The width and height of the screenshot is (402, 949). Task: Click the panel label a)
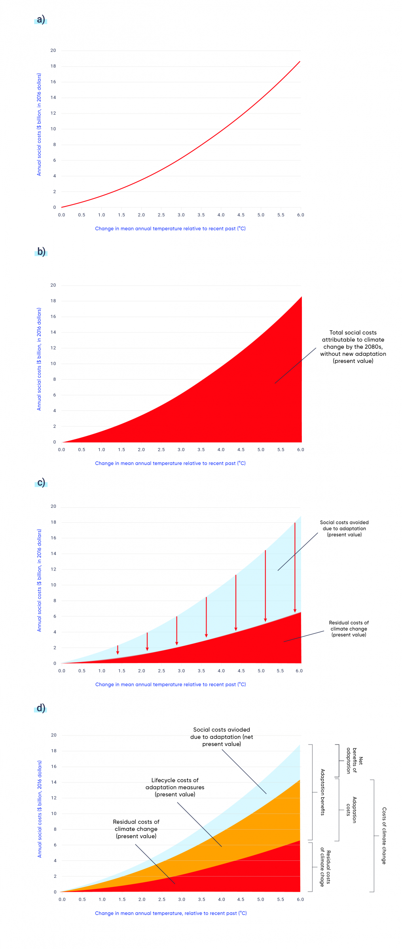41,19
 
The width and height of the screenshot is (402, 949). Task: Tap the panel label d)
41,707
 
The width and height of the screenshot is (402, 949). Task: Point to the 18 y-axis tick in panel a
53,66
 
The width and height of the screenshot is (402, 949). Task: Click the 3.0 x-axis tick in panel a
181,215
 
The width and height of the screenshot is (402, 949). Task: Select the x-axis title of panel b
170,463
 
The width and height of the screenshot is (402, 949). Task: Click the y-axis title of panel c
39,580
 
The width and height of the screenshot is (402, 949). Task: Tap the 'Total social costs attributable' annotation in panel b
353,347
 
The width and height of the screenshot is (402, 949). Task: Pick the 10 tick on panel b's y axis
53,363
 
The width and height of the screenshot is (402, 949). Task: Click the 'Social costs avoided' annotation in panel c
344,528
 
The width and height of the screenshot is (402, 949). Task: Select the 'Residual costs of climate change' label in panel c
349,629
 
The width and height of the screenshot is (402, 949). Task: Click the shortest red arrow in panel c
118,650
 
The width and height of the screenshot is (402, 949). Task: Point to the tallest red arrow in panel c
295,567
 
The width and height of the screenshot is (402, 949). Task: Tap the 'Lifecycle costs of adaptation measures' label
175,787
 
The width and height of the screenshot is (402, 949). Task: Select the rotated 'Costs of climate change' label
384,836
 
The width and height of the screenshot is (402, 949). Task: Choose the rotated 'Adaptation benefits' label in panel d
323,792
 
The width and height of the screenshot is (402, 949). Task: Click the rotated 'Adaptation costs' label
351,810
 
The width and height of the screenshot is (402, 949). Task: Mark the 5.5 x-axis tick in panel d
281,899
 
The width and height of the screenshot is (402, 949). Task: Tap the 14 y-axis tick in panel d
54,782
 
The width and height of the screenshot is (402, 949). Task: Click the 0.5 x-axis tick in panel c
82,671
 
